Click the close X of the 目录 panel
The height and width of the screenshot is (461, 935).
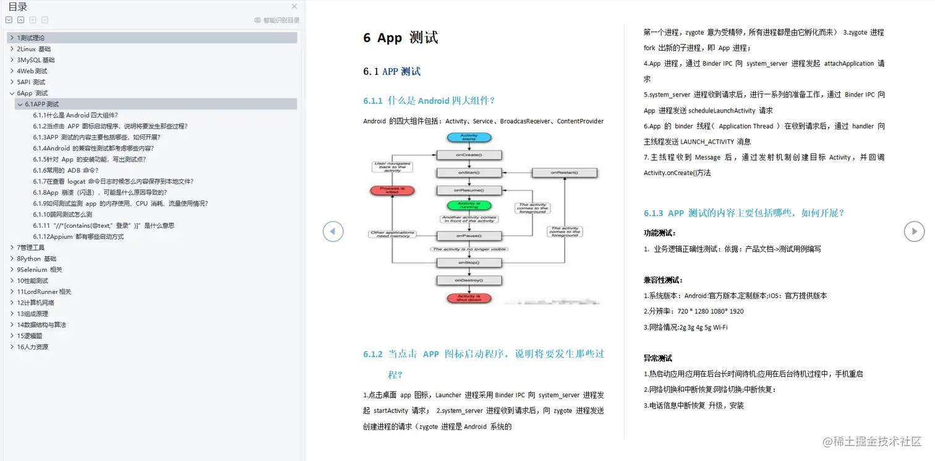[294, 7]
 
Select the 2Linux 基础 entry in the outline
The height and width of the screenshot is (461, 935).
[34, 49]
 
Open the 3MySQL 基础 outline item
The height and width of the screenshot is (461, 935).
[36, 60]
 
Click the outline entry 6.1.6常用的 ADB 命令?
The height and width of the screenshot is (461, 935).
[66, 170]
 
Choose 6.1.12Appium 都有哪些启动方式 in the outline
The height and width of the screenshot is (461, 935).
[79, 236]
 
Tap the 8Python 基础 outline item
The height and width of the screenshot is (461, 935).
[36, 259]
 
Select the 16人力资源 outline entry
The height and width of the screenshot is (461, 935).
[32, 347]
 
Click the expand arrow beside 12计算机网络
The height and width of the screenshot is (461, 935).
[12, 303]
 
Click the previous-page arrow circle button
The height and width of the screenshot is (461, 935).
[333, 231]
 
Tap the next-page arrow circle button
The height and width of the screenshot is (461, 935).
[914, 231]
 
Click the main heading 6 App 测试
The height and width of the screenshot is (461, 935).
[401, 38]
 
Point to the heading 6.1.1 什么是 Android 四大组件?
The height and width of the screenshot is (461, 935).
[429, 101]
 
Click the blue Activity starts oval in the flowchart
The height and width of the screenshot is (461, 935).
[469, 137]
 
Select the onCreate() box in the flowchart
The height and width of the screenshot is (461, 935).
[469, 155]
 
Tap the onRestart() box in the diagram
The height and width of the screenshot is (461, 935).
[565, 173]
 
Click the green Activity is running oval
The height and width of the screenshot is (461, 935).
[469, 205]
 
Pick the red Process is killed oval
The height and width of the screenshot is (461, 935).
[393, 191]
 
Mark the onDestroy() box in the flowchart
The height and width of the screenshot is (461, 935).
[469, 281]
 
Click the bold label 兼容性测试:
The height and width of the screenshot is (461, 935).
[663, 280]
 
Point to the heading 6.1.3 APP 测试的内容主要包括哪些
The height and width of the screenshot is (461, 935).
[743, 213]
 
